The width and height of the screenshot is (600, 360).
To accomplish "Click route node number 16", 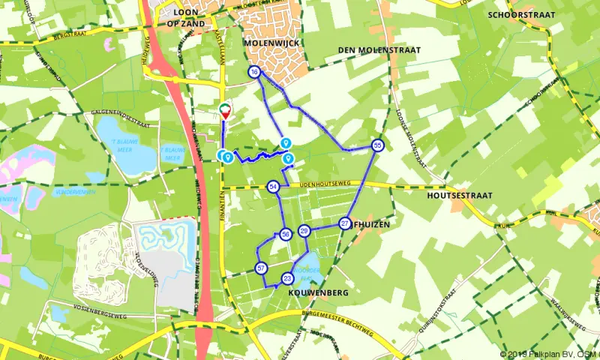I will click(254, 72).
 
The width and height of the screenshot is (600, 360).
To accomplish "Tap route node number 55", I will click(377, 145).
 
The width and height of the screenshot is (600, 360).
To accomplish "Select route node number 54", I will click(274, 186).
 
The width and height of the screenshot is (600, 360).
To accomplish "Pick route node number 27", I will click(345, 223).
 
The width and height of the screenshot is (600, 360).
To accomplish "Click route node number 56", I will click(286, 235).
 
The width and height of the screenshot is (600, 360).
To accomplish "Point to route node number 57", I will click(261, 268).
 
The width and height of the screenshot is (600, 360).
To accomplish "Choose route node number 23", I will click(287, 278).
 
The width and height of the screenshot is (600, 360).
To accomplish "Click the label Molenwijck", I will click(271, 43).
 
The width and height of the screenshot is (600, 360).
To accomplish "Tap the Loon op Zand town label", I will click(189, 18).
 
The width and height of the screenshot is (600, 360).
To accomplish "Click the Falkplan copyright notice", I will click(549, 354).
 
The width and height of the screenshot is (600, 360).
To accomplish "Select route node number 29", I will click(304, 231).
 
